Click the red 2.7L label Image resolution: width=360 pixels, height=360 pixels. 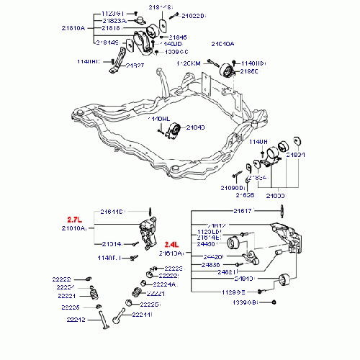76,218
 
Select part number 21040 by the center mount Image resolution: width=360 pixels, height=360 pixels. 196,127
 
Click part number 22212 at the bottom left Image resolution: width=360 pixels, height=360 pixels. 76,319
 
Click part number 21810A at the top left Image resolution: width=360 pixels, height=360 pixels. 73,28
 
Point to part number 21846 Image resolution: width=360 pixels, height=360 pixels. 177,37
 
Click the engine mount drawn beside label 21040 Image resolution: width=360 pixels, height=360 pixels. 174,132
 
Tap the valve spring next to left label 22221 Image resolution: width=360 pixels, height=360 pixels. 93,294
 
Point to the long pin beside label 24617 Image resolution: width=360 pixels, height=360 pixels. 278,211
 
